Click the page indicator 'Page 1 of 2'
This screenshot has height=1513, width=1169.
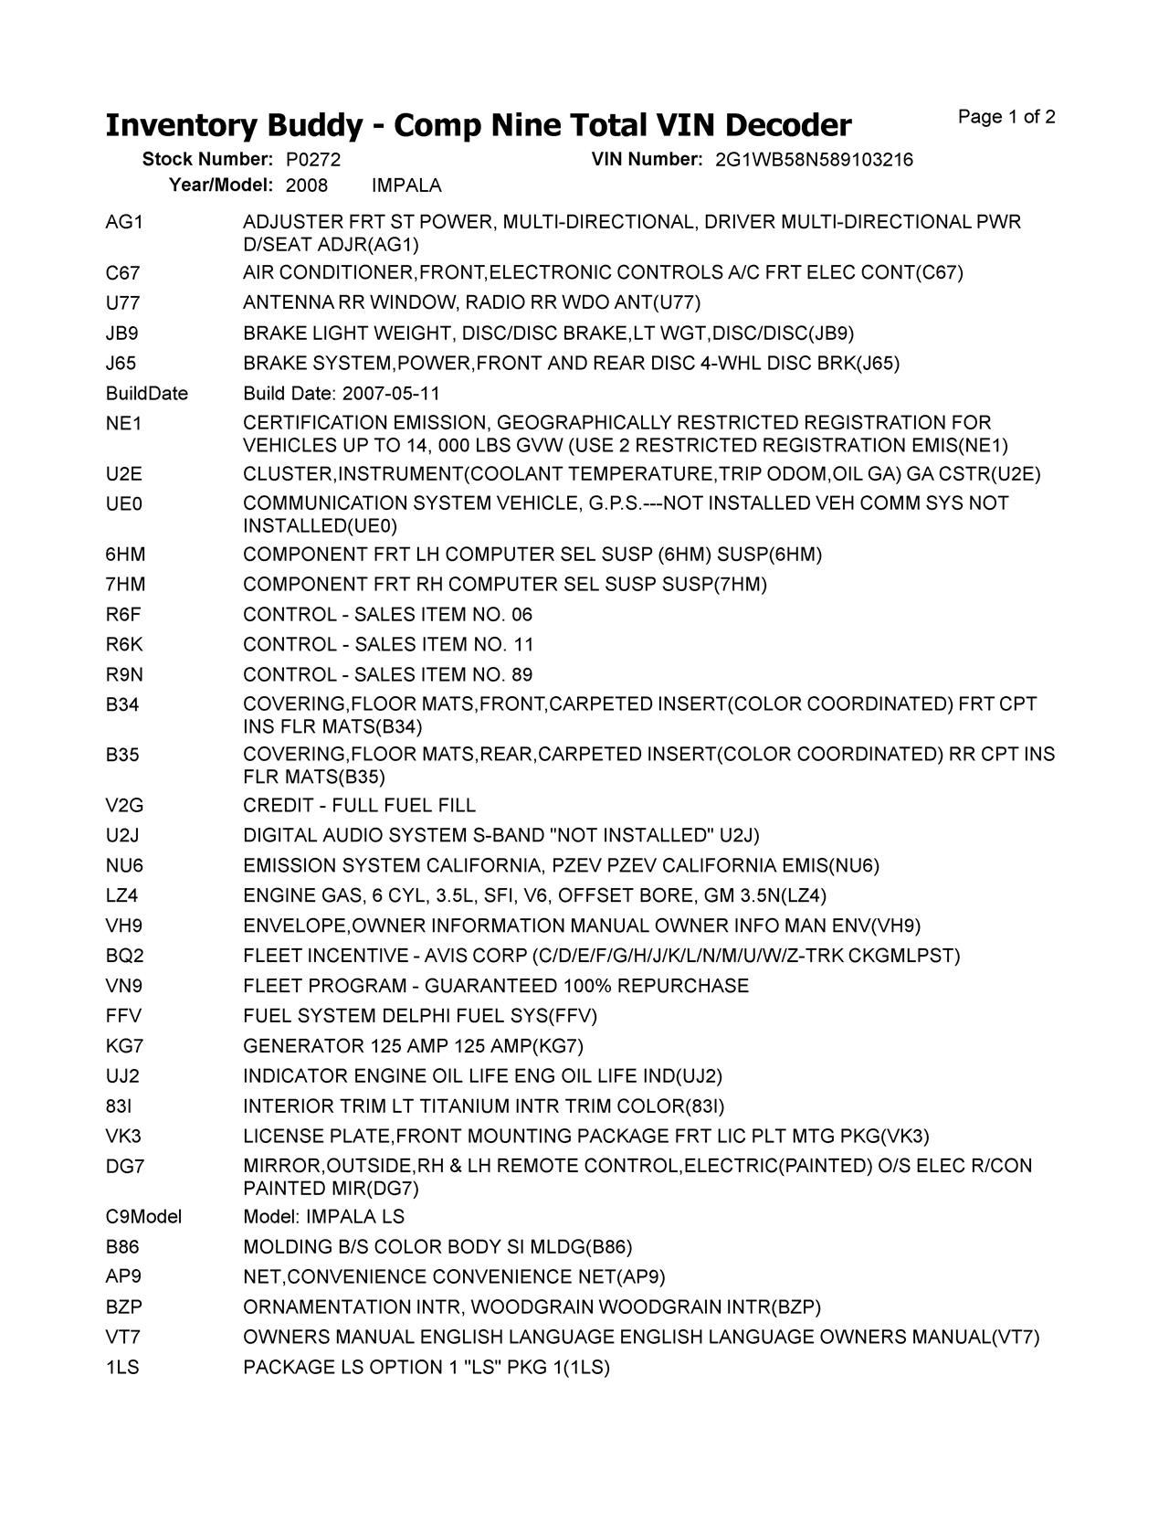(x=1006, y=117)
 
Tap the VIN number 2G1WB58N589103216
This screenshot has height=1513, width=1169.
(x=814, y=160)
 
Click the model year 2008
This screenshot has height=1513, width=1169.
(x=306, y=186)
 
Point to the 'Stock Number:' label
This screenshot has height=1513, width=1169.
(x=207, y=160)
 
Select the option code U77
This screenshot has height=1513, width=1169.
(x=123, y=302)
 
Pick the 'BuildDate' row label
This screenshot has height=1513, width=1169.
(x=147, y=394)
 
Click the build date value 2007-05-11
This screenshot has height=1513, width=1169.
(x=391, y=394)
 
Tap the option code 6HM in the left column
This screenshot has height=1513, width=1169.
(x=126, y=555)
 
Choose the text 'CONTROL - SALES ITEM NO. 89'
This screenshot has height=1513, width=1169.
(x=387, y=675)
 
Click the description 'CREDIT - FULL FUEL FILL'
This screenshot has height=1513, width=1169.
(x=359, y=806)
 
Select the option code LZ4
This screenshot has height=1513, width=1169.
(x=122, y=895)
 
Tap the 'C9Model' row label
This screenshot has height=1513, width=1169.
(x=143, y=1217)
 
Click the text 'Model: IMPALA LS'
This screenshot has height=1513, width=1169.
(x=323, y=1217)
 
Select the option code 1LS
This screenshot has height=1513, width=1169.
(x=122, y=1368)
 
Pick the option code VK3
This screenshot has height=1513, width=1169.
(x=123, y=1137)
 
